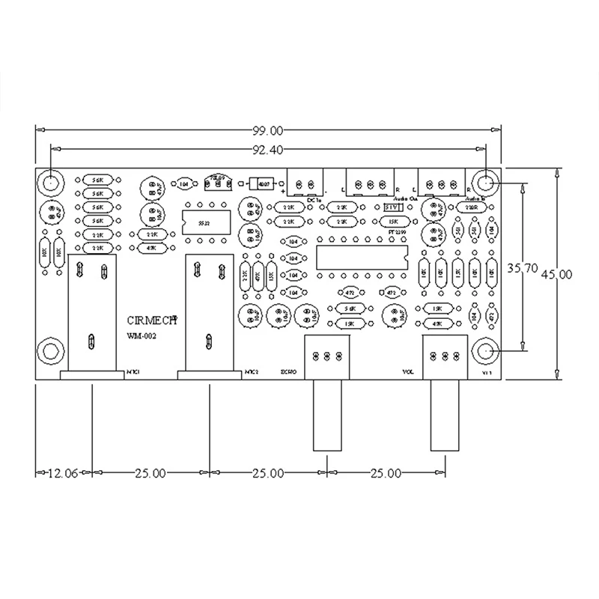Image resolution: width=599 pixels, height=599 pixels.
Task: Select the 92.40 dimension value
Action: pos(267,150)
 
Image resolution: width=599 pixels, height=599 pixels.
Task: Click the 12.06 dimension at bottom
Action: pos(62,473)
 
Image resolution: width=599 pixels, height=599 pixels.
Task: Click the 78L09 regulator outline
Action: pos(217,182)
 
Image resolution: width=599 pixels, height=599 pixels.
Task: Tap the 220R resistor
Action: pos(471,209)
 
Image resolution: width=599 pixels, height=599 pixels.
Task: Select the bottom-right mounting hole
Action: pos(485,350)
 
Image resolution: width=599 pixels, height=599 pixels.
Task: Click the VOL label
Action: pos(410,371)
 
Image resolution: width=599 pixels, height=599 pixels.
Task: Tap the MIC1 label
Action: pos(135,371)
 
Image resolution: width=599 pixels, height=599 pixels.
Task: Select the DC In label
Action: pos(314,199)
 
